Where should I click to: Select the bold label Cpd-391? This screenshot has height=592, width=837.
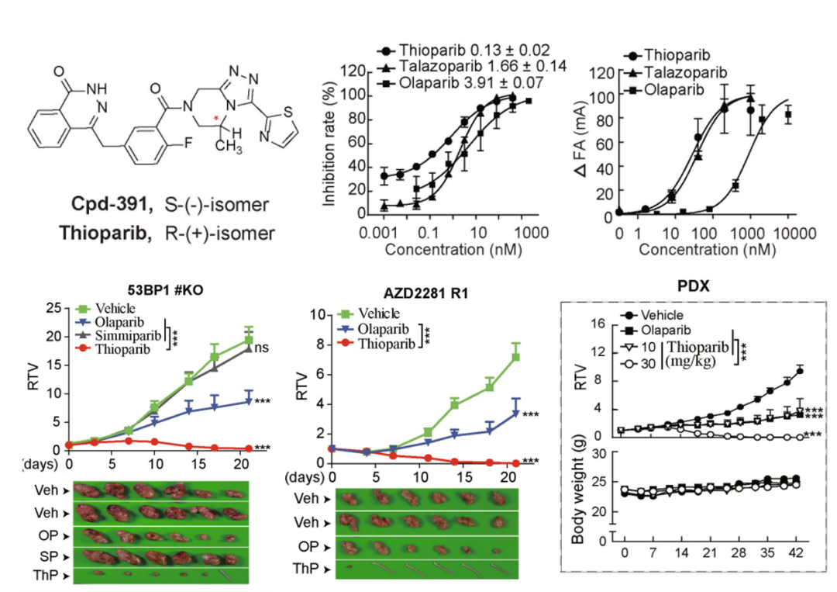point(114,206)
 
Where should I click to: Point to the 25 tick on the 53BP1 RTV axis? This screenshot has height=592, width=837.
point(53,308)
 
